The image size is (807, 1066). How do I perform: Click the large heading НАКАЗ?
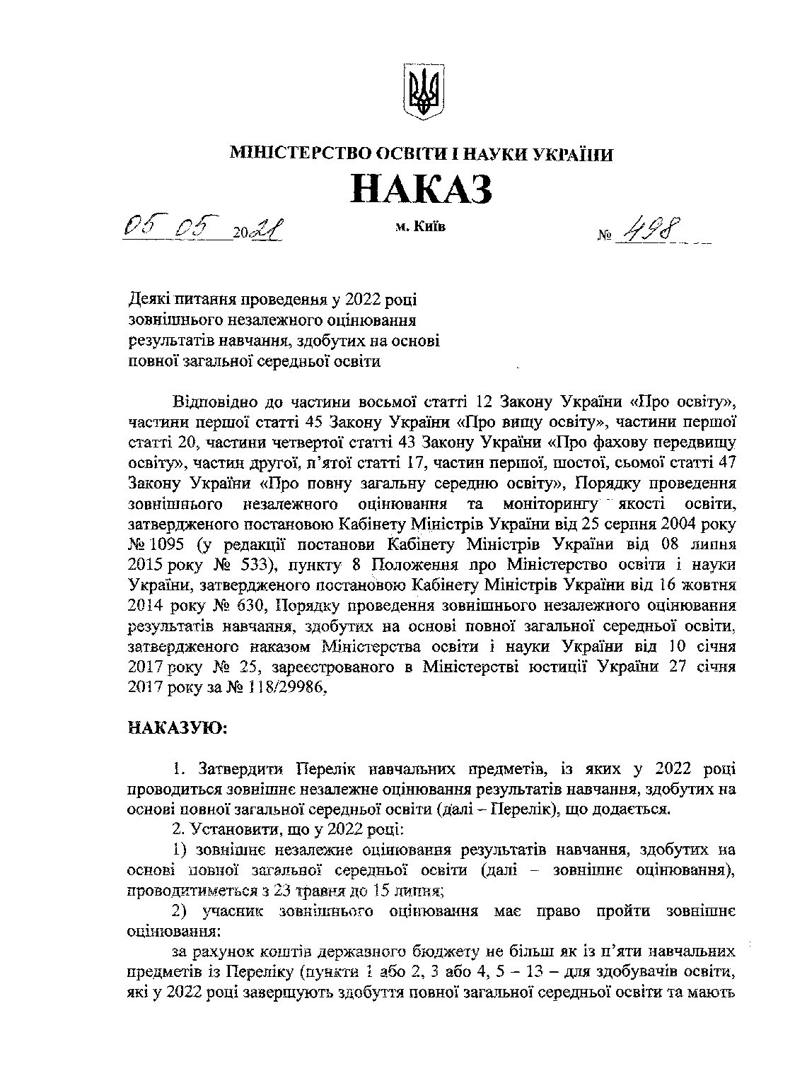point(422,189)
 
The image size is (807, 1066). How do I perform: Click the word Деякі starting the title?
point(148,300)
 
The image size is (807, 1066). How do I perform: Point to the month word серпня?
point(634,525)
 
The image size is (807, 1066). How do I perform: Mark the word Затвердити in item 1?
point(242,768)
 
